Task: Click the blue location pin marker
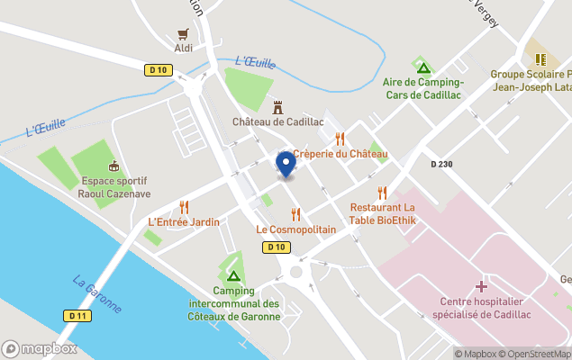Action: [286, 164]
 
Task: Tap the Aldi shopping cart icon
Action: [184, 33]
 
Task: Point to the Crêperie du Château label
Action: [340, 154]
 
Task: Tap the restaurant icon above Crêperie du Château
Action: [340, 139]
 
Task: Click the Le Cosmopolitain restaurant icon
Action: [295, 214]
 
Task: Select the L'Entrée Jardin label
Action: [184, 222]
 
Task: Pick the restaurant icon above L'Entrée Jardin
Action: [184, 207]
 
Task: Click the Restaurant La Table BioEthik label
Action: [382, 213]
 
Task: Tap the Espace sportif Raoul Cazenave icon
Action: [113, 166]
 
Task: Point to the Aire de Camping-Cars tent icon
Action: [423, 67]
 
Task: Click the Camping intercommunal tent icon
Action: [233, 275]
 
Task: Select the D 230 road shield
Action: [443, 164]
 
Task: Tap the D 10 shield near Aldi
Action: [159, 69]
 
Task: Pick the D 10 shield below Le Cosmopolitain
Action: [277, 247]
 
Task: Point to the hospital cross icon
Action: [481, 286]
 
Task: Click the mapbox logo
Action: [41, 348]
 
